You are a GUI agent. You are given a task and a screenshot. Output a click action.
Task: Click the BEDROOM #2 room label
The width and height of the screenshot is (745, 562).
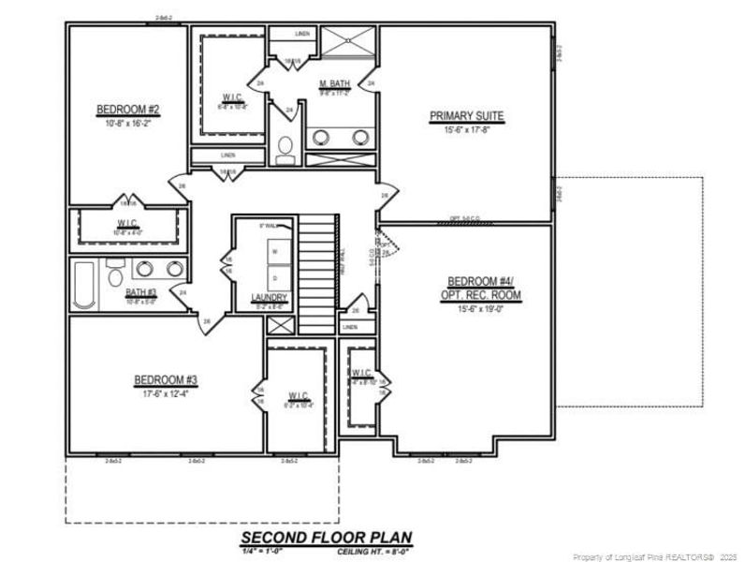(x=128, y=111)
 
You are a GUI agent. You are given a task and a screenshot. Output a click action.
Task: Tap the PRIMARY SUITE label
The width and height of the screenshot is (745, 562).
(x=466, y=116)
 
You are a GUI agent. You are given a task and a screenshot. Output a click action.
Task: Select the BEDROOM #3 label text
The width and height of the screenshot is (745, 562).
(x=166, y=379)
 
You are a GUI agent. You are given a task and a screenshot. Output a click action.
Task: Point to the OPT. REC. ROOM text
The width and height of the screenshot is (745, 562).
(x=481, y=295)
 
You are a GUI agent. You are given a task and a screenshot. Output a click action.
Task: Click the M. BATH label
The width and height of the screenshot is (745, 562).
(x=334, y=83)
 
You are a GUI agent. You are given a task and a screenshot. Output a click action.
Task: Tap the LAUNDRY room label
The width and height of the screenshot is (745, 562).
(x=269, y=298)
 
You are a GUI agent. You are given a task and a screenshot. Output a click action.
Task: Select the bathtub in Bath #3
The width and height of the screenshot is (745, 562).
(x=84, y=285)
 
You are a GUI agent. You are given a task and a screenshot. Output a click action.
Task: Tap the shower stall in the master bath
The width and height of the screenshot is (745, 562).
(x=348, y=44)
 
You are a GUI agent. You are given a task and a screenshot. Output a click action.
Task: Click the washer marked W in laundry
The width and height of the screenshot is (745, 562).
(x=274, y=252)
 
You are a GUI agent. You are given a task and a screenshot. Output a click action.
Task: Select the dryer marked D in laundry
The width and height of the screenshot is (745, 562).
(x=274, y=278)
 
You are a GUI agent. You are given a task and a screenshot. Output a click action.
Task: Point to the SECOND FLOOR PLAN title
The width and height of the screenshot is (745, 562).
(x=326, y=538)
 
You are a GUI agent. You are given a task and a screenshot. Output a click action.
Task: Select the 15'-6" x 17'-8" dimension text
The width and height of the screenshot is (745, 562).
(x=466, y=130)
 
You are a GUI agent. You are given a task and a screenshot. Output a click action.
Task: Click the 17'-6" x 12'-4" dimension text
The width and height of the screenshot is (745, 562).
(x=166, y=393)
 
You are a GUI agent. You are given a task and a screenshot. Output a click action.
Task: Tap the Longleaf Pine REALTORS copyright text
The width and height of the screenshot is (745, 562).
(x=656, y=556)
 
